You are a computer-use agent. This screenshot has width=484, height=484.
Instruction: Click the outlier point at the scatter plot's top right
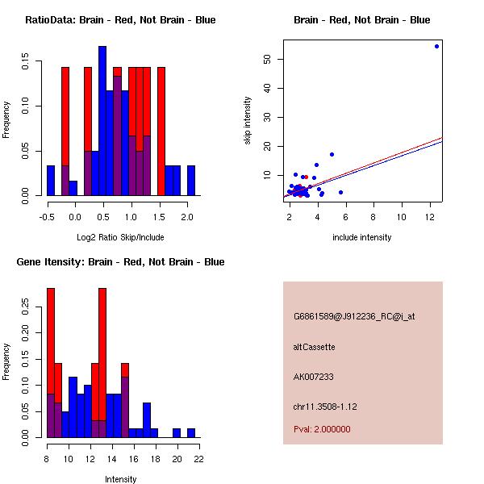click(x=436, y=46)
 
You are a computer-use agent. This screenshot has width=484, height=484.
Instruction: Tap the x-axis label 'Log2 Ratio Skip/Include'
click(x=120, y=237)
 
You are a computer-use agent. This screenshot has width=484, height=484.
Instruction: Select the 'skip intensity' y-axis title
click(x=248, y=122)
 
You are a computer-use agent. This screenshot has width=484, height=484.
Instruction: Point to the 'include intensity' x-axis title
click(x=361, y=237)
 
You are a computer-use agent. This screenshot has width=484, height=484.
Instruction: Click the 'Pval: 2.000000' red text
click(x=322, y=429)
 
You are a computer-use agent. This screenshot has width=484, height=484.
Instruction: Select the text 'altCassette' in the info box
click(x=314, y=347)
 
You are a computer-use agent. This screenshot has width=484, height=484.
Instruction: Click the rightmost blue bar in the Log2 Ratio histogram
click(x=191, y=180)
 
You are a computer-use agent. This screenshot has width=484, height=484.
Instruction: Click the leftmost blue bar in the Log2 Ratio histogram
click(x=50, y=180)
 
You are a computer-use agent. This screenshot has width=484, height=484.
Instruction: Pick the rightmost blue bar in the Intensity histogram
click(x=191, y=432)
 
